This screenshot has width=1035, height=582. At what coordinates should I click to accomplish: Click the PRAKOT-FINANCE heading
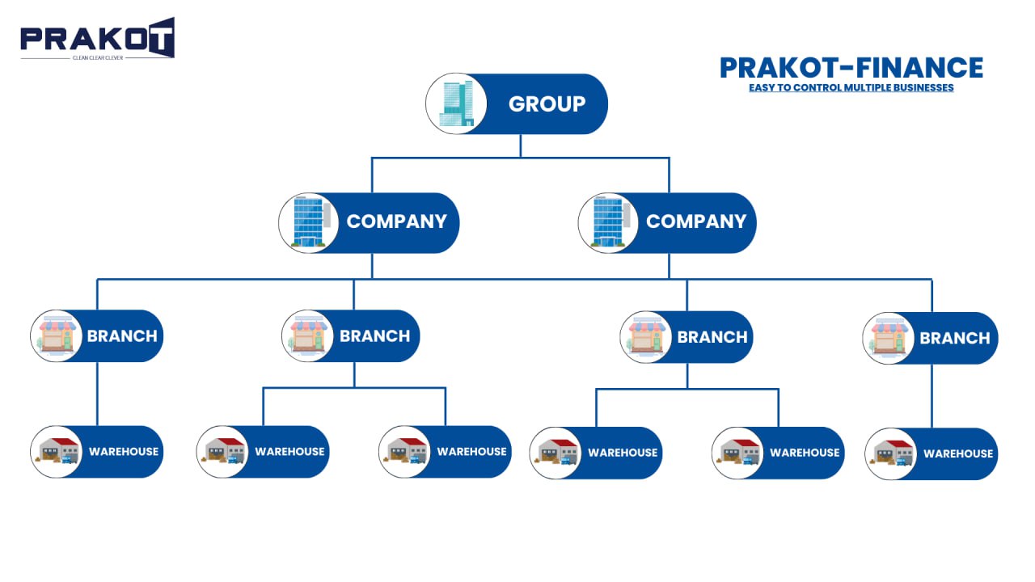pyautogui.click(x=851, y=68)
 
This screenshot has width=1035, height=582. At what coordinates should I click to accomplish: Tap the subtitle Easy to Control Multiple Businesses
pyautogui.click(x=851, y=87)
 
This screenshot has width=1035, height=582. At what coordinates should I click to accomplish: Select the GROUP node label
pyautogui.click(x=547, y=104)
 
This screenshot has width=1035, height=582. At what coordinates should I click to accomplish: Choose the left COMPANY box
pyautogui.click(x=396, y=222)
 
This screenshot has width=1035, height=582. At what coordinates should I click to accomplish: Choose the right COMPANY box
pyautogui.click(x=695, y=222)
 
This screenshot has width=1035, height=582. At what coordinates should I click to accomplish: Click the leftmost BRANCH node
pyautogui.click(x=121, y=336)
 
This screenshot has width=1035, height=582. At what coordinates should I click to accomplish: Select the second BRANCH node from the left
pyautogui.click(x=374, y=336)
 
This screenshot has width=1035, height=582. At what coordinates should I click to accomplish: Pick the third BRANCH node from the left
pyautogui.click(x=712, y=337)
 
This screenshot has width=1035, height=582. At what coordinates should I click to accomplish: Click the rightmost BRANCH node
pyautogui.click(x=954, y=339)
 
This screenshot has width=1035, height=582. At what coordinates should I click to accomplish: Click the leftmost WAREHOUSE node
pyautogui.click(x=123, y=452)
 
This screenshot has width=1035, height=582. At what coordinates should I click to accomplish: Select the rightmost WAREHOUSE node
pyautogui.click(x=957, y=454)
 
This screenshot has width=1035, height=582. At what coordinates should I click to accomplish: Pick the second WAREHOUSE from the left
pyautogui.click(x=289, y=452)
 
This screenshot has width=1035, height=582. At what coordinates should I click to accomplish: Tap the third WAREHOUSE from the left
pyautogui.click(x=471, y=452)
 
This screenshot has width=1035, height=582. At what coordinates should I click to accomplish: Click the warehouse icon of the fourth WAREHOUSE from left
pyautogui.click(x=556, y=453)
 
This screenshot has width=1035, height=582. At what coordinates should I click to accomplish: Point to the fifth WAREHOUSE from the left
pyautogui.click(x=804, y=453)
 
